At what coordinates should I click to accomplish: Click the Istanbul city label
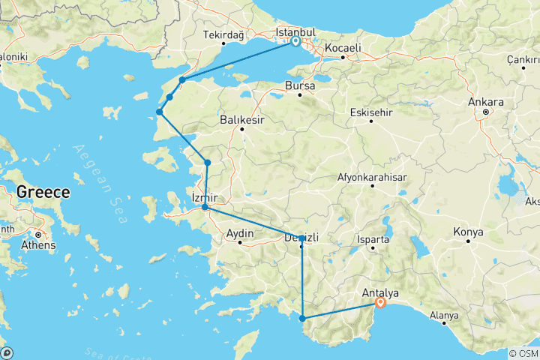[x=295, y=33]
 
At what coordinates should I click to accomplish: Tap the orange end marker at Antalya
[x=380, y=303]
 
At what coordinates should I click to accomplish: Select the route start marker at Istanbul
[x=295, y=42]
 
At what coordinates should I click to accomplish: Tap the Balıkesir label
[x=242, y=118]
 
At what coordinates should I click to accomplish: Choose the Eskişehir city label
[x=371, y=112]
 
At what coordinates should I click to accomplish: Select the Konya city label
[x=469, y=232]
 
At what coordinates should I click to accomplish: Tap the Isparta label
[x=373, y=241]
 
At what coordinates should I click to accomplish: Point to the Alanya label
[x=443, y=316]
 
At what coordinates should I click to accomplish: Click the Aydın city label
[x=241, y=234]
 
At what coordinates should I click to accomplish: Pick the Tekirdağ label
[x=224, y=34]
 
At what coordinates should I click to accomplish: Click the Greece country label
[x=43, y=192]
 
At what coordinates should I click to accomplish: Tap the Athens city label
[x=39, y=244]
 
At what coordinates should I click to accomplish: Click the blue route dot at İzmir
[x=205, y=207]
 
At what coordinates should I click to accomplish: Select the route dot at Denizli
[x=301, y=238]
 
